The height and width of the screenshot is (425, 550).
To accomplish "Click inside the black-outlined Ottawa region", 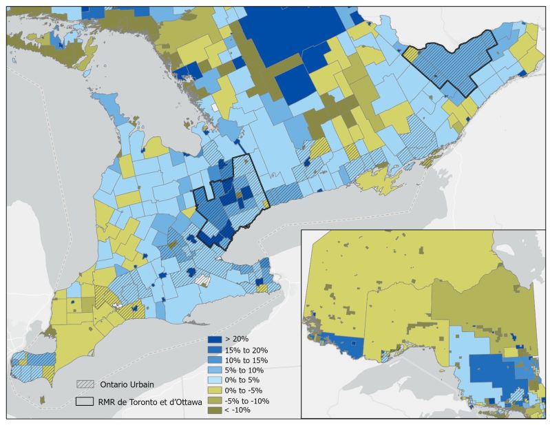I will coord(454,62).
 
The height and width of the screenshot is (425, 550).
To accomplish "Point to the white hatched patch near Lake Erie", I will coord(202,280).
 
